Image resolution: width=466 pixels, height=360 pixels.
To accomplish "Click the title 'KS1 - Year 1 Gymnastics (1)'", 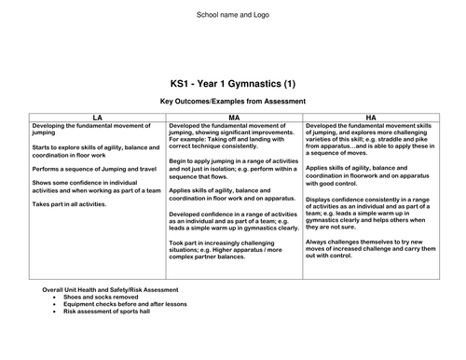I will [x=232, y=81].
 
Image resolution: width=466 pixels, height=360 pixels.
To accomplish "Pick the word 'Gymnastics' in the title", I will [x=256, y=81].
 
